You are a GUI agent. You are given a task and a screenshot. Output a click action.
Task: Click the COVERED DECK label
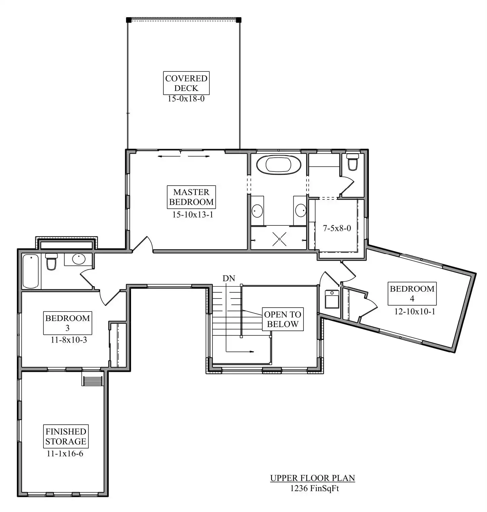coord(186,83)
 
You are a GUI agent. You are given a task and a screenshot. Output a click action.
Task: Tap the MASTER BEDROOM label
coord(191,197)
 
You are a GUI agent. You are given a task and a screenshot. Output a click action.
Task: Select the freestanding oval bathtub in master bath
coord(278,165)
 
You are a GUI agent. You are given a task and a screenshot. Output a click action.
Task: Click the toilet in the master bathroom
coord(353,162)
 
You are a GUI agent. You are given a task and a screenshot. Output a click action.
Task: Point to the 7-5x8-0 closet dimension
coord(337,228)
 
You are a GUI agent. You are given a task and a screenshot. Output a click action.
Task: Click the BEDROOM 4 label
coord(412,293)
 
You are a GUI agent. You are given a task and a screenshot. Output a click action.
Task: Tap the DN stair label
coord(229,278)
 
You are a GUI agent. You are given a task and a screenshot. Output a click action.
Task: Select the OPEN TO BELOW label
coord(283,319)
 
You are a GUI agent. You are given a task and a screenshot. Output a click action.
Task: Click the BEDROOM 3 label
coord(67,323)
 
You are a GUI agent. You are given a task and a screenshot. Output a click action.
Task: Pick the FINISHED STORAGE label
coord(66,436)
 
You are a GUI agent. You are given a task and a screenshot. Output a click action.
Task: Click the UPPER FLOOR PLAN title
coord(313,478)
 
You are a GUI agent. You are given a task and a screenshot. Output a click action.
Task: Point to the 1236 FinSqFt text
coord(315,488)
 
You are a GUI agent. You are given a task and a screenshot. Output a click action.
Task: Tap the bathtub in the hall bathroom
coord(31,271)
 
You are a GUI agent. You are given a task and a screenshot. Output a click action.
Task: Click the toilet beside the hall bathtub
coord(51,262)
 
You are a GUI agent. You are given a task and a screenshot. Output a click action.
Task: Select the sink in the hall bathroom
coord(78,259)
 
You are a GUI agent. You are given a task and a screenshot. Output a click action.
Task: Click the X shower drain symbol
coord(279,239)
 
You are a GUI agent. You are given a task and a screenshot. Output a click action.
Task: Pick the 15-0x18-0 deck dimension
coord(186,99)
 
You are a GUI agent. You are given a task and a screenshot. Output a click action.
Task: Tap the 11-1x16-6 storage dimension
coord(65,453)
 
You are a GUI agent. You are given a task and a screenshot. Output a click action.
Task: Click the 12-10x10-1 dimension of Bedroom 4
coord(415,311)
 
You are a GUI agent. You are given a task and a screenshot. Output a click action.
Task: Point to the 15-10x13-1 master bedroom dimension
coord(193,215)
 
